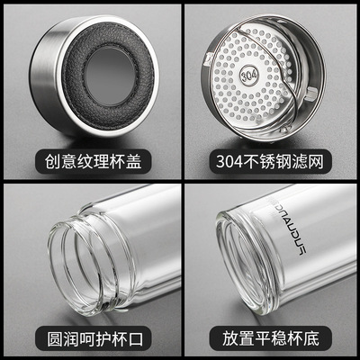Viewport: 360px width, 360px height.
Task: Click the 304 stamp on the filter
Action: (249, 75)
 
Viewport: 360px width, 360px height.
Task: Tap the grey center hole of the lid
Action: (110, 76)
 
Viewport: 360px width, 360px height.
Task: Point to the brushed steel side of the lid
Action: (45, 75)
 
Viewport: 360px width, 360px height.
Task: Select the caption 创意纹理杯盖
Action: (94, 161)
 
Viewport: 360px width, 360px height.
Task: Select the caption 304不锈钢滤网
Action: (270, 161)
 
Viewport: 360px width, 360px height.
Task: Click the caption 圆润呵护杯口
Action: (95, 339)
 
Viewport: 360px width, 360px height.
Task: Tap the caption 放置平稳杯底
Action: (271, 338)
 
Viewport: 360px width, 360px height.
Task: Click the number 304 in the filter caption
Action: (229, 162)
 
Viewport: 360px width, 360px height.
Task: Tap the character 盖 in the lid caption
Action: (133, 161)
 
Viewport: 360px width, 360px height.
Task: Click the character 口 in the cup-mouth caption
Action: (135, 339)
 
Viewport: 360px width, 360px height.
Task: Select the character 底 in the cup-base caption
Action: (311, 338)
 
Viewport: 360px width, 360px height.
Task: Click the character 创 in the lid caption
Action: (53, 161)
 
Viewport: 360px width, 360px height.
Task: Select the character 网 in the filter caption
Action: (316, 161)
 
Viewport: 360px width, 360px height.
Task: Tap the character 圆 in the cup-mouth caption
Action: (55, 339)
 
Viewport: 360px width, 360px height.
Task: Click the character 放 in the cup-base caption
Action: (230, 338)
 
